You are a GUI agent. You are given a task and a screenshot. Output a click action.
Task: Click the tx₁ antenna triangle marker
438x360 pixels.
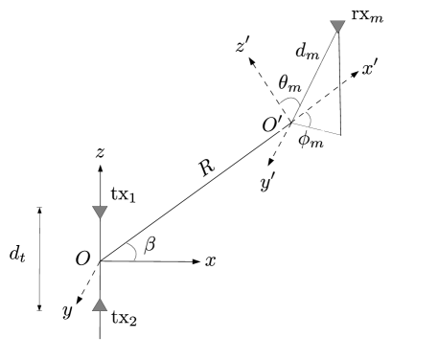click(100, 212)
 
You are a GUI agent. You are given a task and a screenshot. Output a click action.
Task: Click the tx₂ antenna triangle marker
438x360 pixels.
click(100, 305)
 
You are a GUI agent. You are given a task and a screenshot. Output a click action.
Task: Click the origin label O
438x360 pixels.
click(82, 259)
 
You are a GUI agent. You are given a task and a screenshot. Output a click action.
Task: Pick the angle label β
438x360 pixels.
click(149, 246)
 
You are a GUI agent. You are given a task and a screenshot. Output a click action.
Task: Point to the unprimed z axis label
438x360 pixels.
click(100, 152)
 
